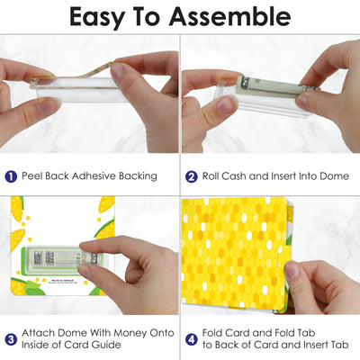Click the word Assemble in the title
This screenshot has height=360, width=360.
(229, 17)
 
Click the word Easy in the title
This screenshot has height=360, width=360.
(96, 18)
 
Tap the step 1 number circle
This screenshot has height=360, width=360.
(11, 176)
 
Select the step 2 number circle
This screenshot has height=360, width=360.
(192, 176)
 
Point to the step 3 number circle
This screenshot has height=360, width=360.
(11, 339)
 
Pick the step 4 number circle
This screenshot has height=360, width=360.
(192, 339)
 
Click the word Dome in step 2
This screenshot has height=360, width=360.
(334, 175)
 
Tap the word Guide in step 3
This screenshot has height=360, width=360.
(106, 345)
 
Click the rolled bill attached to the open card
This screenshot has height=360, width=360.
(65, 258)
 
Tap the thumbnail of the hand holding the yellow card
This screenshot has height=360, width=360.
(270, 255)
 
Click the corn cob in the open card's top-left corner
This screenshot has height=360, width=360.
(17, 209)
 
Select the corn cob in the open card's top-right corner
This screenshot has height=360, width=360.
(106, 205)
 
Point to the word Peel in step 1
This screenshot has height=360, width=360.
(32, 175)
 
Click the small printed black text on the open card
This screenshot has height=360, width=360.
(62, 281)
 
